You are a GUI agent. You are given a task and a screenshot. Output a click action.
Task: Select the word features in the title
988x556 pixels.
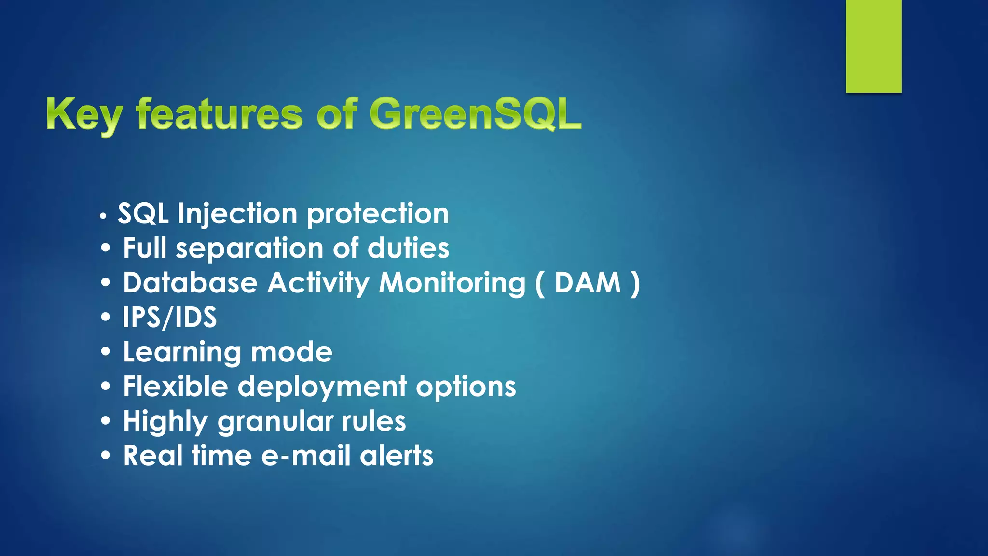coord(220,114)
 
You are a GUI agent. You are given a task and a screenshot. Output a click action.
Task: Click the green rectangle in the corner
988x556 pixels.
coord(873,46)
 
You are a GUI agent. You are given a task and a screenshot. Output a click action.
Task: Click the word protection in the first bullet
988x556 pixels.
coord(378,213)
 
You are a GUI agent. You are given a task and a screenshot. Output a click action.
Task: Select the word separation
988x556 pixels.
coord(249,249)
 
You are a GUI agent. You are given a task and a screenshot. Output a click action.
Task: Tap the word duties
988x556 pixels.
coord(408,248)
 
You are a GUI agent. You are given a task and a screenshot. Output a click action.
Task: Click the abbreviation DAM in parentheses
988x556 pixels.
coord(588,283)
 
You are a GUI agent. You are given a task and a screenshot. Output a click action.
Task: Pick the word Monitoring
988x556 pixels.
coord(452,283)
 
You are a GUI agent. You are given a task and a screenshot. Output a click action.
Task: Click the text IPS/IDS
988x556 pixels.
coord(170,318)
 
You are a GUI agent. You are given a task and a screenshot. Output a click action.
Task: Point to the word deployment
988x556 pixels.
coord(322,387)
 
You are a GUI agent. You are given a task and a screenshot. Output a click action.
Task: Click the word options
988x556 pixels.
coord(466,387)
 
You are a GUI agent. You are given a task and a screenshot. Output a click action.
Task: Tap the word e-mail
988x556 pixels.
coord(305,456)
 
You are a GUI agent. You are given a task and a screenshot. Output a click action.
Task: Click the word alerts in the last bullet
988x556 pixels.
coord(397,456)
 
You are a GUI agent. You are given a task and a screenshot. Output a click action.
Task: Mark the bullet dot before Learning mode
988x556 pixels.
coord(106,352)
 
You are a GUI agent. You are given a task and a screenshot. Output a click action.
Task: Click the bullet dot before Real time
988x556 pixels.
coord(106,456)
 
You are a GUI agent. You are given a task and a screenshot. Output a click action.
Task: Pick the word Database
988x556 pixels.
coord(190,283)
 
